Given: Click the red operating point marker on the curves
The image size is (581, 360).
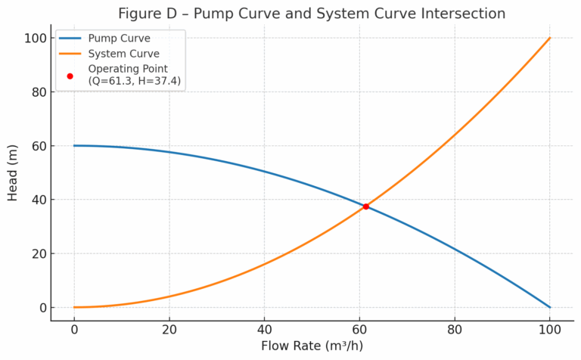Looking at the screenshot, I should click(x=366, y=206).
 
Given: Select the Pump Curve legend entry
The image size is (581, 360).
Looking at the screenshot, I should click(x=119, y=39).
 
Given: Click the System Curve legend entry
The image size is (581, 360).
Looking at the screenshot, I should click(x=123, y=54).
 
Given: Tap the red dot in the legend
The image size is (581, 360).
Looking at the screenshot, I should click(x=70, y=76).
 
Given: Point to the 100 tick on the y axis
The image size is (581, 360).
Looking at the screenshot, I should click(x=37, y=38).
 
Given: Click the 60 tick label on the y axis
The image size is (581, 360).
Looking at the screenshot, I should click(x=37, y=146).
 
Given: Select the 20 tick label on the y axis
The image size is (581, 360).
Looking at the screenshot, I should click(x=37, y=254).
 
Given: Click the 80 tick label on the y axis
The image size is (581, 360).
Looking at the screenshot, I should click(x=37, y=92).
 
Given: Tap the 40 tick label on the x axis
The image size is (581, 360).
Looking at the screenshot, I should click(x=264, y=331).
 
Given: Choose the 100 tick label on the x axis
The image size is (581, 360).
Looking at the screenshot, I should click(x=550, y=331).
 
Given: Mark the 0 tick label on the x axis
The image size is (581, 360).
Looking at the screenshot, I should click(x=74, y=331).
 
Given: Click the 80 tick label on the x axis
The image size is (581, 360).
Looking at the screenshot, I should click(x=455, y=331).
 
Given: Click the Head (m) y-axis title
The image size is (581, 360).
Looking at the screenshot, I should click(x=13, y=172).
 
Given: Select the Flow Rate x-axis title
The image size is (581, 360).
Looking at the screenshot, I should click(x=312, y=347).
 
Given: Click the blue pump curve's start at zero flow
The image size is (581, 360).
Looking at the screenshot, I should click(x=74, y=145).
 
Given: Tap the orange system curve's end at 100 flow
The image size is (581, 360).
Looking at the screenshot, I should click(x=550, y=38).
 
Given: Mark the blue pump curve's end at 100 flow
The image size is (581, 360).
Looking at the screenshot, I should click(x=550, y=307).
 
